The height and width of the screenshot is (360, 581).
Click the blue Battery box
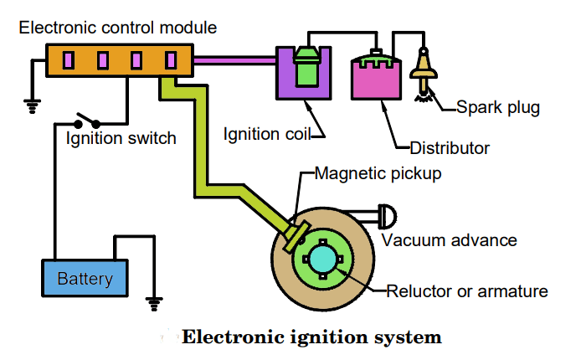click(x=85, y=278)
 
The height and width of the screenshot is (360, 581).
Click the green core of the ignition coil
click(x=306, y=68)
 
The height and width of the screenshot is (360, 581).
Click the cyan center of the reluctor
click(x=322, y=260)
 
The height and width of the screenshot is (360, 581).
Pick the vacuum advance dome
click(x=388, y=217)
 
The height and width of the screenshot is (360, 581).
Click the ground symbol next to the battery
click(x=153, y=299)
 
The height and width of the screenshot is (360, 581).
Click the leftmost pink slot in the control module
click(x=69, y=60)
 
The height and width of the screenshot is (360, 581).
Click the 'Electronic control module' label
click(x=118, y=28)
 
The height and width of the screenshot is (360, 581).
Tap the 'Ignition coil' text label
click(x=263, y=134)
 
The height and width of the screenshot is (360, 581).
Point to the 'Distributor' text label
click(x=449, y=148)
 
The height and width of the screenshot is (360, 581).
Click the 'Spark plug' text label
click(x=498, y=107)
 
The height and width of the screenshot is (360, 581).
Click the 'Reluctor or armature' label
click(x=466, y=291)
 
